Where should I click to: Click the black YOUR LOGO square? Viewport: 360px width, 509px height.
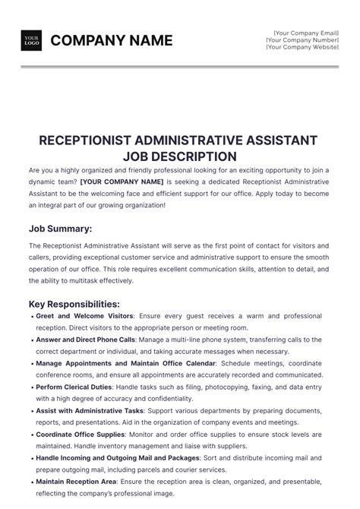point(31,40)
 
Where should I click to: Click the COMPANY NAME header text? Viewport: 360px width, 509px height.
point(112,40)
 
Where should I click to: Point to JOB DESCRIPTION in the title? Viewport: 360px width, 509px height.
point(179,156)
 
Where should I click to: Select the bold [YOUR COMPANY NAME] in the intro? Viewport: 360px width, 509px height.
point(122,182)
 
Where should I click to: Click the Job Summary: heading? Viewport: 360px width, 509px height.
point(61,229)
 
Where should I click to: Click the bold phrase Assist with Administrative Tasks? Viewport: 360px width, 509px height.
point(90,411)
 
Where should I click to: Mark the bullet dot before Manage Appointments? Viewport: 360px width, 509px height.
point(31,364)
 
